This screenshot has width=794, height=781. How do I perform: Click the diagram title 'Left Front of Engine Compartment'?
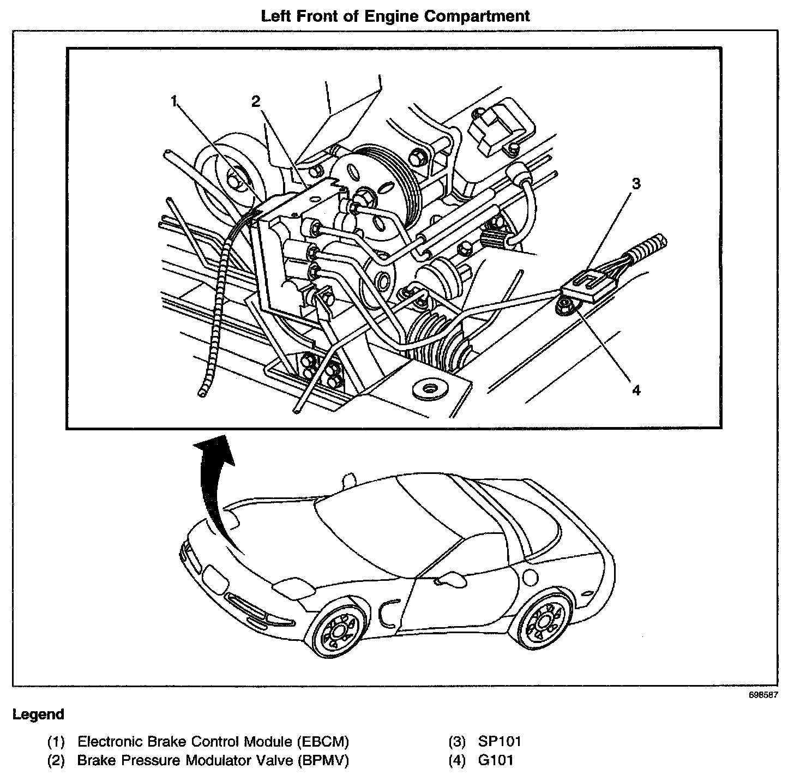pyautogui.click(x=395, y=16)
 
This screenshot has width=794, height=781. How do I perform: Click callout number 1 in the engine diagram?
pyautogui.click(x=175, y=101)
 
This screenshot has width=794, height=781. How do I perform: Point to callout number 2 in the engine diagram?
pyautogui.click(x=256, y=101)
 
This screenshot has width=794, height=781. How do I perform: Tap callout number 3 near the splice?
pyautogui.click(x=636, y=183)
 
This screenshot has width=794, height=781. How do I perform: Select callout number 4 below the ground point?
pyautogui.click(x=636, y=390)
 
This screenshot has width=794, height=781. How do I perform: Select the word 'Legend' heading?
pyautogui.click(x=38, y=714)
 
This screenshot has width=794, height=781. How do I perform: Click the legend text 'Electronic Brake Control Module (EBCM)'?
pyautogui.click(x=213, y=742)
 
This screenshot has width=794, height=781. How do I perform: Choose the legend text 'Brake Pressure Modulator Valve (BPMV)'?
pyautogui.click(x=213, y=760)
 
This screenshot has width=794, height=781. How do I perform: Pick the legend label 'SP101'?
pyautogui.click(x=500, y=742)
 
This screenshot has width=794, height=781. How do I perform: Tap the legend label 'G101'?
pyautogui.click(x=496, y=760)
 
